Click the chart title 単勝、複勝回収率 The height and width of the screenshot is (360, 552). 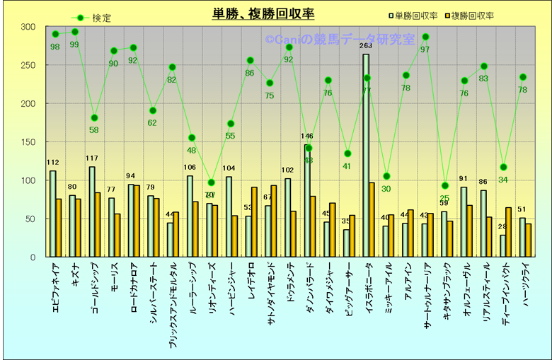click(x=264, y=13)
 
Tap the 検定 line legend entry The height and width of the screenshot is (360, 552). click(x=91, y=18)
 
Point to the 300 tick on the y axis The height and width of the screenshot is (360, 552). click(x=28, y=27)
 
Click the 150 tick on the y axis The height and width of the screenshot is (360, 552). click(x=28, y=142)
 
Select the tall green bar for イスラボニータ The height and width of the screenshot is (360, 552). click(x=366, y=156)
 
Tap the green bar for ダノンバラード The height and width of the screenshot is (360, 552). click(x=307, y=201)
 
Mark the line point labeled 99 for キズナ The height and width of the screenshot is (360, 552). click(x=75, y=32)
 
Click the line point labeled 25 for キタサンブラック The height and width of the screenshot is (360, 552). click(x=444, y=186)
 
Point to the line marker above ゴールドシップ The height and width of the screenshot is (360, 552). click(x=94, y=117)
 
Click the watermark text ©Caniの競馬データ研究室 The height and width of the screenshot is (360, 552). click(x=340, y=40)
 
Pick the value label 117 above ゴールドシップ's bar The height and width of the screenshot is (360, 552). click(x=93, y=158)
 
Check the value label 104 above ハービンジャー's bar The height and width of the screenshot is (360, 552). click(x=229, y=168)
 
